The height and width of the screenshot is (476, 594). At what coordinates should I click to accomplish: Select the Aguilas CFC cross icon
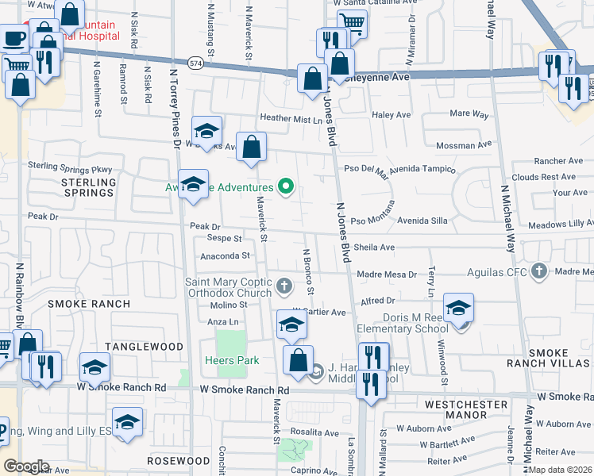[540, 271]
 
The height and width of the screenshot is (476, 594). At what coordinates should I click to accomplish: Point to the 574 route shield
[195, 61]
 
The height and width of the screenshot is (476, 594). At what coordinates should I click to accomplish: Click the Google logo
[26, 466]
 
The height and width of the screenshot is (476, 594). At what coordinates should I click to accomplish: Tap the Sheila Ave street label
[374, 248]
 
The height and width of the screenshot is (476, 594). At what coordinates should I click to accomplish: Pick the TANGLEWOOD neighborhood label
[143, 347]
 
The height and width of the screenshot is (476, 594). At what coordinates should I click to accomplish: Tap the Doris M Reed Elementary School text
[415, 323]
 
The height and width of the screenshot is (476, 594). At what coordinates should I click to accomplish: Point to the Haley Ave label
[391, 115]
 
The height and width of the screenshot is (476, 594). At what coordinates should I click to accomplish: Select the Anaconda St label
[226, 256]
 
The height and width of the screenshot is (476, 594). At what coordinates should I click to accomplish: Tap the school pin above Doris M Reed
[458, 308]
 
